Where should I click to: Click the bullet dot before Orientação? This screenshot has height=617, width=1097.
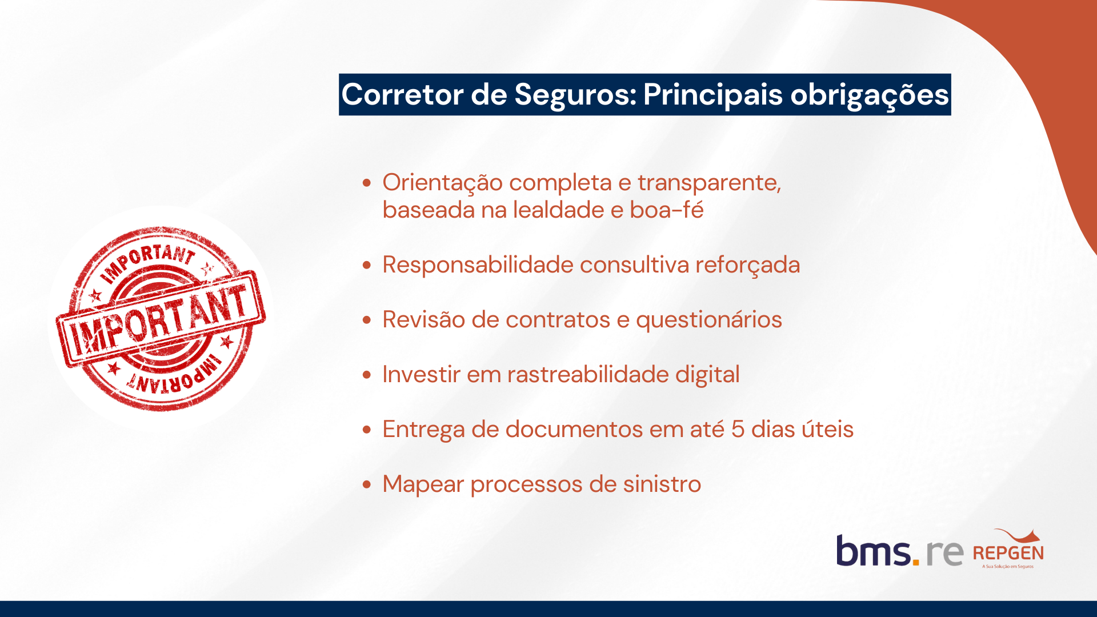[367, 183]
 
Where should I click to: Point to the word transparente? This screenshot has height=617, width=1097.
[709, 183]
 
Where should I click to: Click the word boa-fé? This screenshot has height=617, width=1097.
[666, 210]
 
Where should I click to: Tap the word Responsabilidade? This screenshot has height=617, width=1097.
[478, 265]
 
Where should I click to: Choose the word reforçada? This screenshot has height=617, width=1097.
[747, 265]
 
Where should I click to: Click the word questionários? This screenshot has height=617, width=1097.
[708, 320]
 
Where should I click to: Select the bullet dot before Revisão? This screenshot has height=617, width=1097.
[367, 320]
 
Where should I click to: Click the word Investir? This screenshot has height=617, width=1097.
[421, 374]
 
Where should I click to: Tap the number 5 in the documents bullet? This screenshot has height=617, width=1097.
[738, 429]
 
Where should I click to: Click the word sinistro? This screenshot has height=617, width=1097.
[662, 484]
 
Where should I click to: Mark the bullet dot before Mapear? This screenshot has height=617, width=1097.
[367, 484]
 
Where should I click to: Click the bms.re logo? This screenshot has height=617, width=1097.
[900, 551]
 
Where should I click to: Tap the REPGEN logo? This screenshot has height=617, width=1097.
[1008, 549]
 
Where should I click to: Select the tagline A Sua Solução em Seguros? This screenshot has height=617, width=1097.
[1008, 567]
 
